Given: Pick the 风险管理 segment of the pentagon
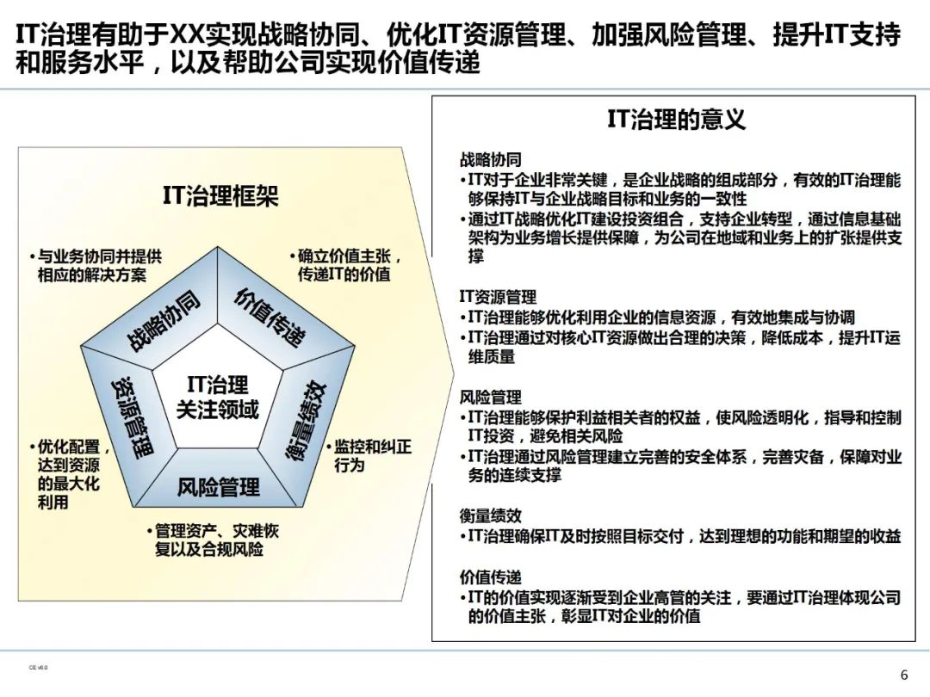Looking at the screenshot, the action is coord(218,488).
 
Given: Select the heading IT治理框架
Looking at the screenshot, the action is coord(220,196).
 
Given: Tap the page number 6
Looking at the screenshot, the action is coord(903,674).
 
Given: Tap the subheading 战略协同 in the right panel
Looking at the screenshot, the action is coord(490,160).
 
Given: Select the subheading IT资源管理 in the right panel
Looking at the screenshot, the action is coord(498,297).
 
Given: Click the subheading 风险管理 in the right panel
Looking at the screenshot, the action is coord(490,398).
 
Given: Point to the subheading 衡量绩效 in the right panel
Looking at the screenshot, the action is coord(490,515).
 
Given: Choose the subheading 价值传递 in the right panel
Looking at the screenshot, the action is coord(490,577).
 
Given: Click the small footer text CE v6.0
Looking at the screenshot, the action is coord(38,667).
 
